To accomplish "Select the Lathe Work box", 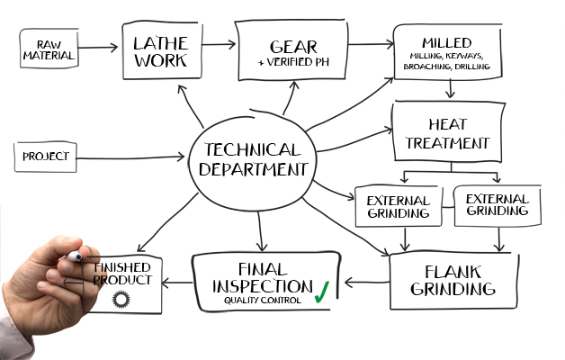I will [159, 50].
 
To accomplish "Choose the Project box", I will [47, 158].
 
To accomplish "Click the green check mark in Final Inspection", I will [321, 291].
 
